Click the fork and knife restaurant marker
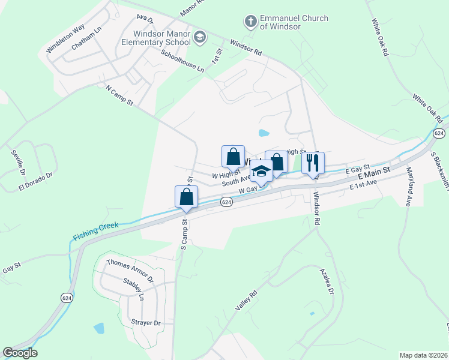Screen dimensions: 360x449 tap(313, 163)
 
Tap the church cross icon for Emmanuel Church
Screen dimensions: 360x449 tap(250, 23)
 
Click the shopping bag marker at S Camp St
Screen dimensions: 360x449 tap(186, 197)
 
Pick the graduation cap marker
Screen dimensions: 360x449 tap(261, 172)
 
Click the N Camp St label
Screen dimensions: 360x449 tap(119, 96)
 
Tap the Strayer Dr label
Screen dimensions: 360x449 tap(146, 323)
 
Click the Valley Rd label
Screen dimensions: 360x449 tap(247, 300)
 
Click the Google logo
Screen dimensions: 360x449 tap(20, 353)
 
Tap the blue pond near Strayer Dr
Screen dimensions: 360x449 tap(99, 328)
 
